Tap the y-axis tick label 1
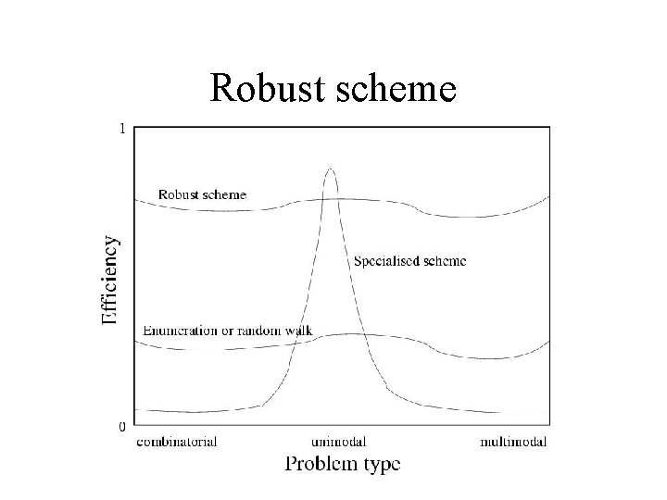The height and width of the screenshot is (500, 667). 122,129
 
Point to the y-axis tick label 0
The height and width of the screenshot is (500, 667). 122,427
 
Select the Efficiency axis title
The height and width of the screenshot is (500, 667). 110,281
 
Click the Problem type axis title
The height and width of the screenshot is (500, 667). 342,463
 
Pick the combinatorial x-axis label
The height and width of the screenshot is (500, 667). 176,442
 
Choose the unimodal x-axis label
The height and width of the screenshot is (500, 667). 338,442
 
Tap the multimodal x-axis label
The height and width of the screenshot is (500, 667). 513,442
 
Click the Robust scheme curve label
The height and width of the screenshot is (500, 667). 202,194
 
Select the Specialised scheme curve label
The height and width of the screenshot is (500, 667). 409,261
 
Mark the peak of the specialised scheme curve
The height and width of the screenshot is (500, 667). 330,169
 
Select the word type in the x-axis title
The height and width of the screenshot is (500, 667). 380,464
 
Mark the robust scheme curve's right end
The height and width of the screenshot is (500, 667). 548,196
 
